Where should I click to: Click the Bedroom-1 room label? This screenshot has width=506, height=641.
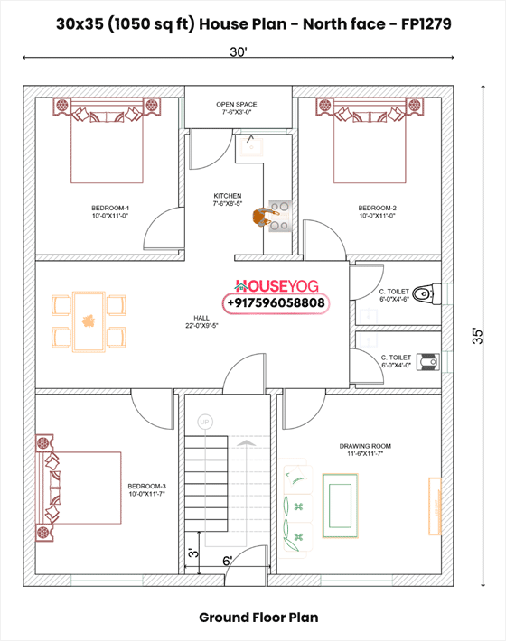pyautogui.click(x=110, y=211)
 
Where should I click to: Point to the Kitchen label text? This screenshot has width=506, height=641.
pyautogui.click(x=227, y=200)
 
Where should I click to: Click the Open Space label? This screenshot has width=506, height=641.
pyautogui.click(x=238, y=107)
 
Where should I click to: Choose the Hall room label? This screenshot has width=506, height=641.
pyautogui.click(x=201, y=321)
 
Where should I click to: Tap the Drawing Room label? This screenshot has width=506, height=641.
pyautogui.click(x=364, y=450)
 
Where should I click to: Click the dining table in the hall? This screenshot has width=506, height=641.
pyautogui.click(x=89, y=320)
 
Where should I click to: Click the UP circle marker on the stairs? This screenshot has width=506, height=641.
pyautogui.click(x=204, y=422)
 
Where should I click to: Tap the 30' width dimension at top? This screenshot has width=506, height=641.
pyautogui.click(x=239, y=52)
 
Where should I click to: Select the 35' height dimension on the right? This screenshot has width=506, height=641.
pyautogui.click(x=476, y=335)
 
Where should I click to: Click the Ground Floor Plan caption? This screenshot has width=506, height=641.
pyautogui.click(x=258, y=618)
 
